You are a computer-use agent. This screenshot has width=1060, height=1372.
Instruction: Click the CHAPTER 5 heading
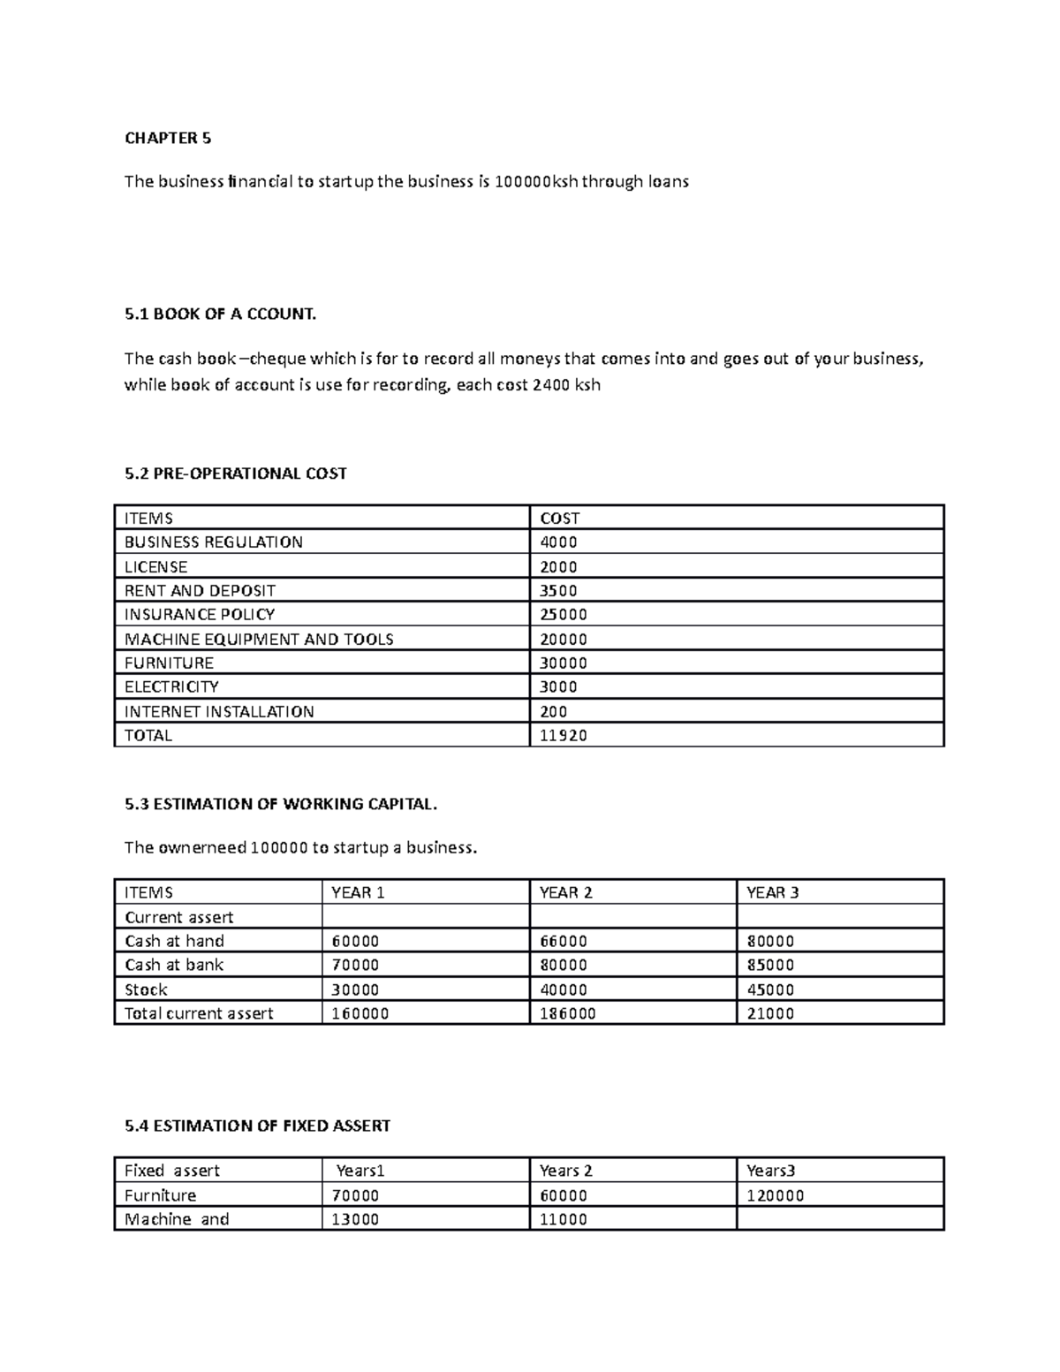pyautogui.click(x=168, y=138)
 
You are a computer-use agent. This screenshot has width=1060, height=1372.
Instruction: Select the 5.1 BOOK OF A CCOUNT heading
pyautogui.click(x=220, y=314)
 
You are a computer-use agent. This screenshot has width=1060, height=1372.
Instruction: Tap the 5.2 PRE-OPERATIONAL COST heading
pyautogui.click(x=236, y=474)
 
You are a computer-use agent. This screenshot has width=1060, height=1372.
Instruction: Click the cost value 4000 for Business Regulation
pyautogui.click(x=558, y=542)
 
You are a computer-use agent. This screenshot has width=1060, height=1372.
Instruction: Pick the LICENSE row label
pyautogui.click(x=155, y=567)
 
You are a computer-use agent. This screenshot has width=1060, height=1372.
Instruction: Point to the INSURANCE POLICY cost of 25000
pyautogui.click(x=563, y=615)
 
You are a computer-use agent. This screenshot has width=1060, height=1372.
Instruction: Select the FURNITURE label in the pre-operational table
pyautogui.click(x=169, y=663)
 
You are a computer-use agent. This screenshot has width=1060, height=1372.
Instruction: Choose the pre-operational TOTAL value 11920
pyautogui.click(x=563, y=736)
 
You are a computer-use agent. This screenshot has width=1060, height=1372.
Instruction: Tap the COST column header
pyautogui.click(x=559, y=519)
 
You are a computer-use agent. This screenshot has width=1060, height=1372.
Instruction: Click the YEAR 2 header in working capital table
pyautogui.click(x=565, y=893)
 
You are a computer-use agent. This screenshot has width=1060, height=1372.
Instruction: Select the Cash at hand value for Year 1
pyautogui.click(x=355, y=942)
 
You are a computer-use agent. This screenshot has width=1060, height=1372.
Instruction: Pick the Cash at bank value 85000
pyautogui.click(x=770, y=966)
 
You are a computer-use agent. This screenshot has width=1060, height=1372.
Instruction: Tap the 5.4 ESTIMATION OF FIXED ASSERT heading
pyautogui.click(x=257, y=1126)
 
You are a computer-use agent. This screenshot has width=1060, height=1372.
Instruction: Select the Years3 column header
pyautogui.click(x=770, y=1171)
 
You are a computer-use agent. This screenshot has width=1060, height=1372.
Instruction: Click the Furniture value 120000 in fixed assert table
pyautogui.click(x=775, y=1196)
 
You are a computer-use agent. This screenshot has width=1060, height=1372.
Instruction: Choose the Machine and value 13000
pyautogui.click(x=355, y=1220)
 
